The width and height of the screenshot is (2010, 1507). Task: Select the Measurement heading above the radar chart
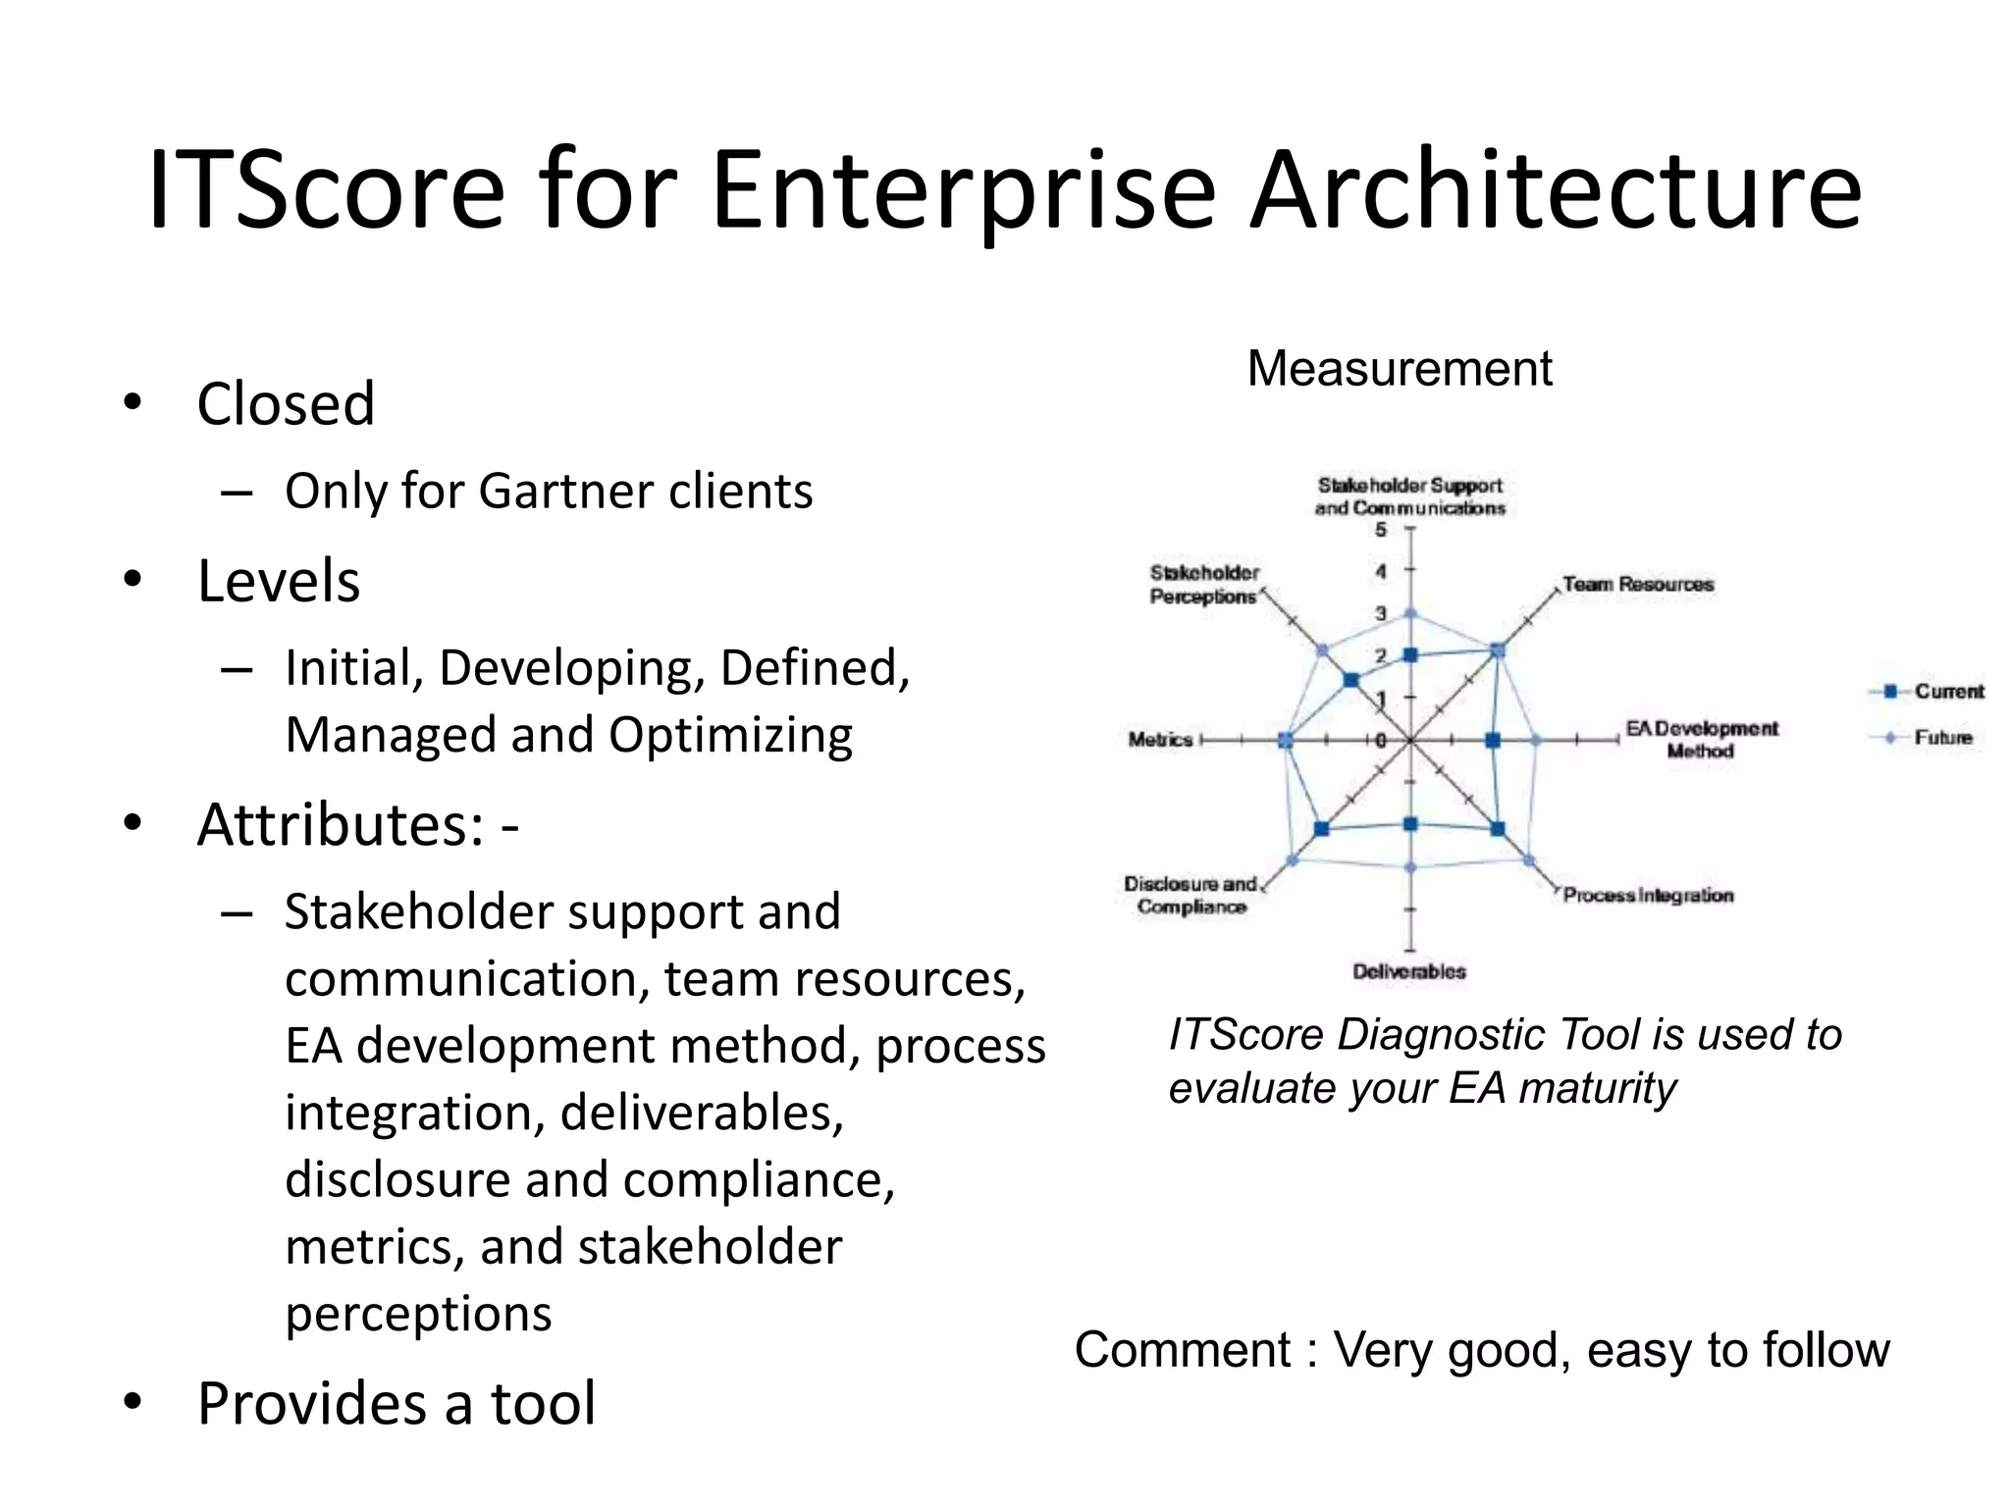point(1400,369)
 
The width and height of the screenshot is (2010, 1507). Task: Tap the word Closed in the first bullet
point(286,403)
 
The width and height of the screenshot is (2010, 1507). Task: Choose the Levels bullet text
point(279,580)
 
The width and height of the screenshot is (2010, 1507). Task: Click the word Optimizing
point(730,735)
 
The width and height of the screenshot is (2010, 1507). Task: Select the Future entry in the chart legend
point(1942,738)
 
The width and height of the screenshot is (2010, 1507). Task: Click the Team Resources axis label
point(1638,585)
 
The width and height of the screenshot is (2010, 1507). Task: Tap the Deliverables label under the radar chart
point(1408,971)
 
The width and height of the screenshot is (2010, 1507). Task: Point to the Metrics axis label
point(1160,740)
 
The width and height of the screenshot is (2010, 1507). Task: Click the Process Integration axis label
point(1648,895)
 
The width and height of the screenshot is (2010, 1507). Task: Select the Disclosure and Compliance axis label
point(1190,895)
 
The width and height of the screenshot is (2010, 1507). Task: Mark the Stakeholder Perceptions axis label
point(1203,585)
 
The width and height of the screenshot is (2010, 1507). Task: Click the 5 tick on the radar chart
point(1381,530)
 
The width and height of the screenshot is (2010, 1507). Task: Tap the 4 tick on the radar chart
point(1381,571)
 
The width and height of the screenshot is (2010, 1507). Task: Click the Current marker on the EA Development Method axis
point(1493,741)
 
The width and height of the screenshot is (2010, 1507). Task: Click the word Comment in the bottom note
point(1182,1350)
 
